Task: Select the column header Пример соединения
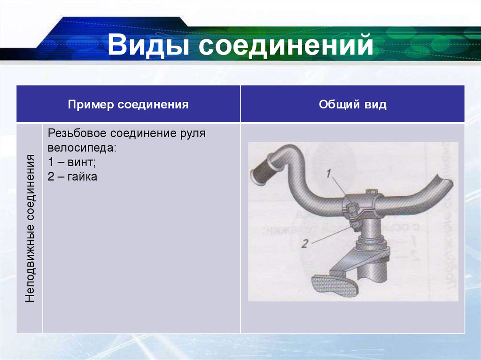pyautogui.click(x=128, y=104)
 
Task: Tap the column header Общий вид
pyautogui.click(x=352, y=104)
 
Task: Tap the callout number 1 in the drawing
pyautogui.click(x=329, y=174)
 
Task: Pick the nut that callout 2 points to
pyautogui.click(x=356, y=226)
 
